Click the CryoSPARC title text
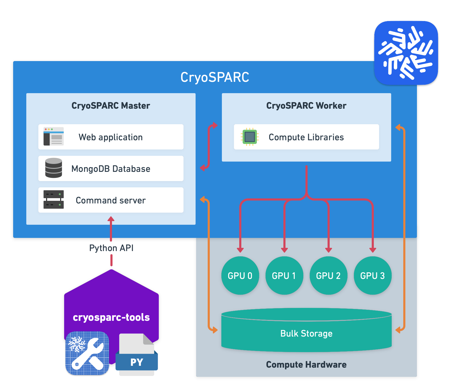point(215,77)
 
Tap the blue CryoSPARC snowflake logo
point(406,53)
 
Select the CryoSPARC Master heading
point(111,106)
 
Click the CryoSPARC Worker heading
point(306,106)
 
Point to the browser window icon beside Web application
point(54,136)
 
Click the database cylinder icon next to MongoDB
point(54,168)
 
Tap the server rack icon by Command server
point(54,199)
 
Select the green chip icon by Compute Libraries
point(249,137)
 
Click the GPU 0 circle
point(240,276)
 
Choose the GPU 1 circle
point(284,276)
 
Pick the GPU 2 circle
point(328,276)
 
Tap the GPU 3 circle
point(373,276)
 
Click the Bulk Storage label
point(306,333)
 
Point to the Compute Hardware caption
point(306,364)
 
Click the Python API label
point(111,248)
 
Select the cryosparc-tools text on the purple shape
point(111,317)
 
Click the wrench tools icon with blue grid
point(87,353)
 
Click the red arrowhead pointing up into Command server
point(111,219)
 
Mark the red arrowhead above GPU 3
point(373,250)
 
